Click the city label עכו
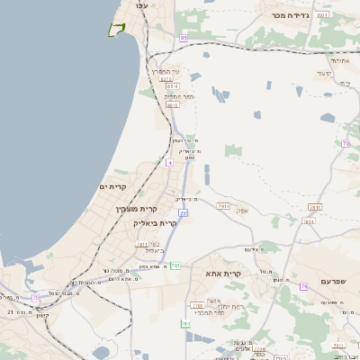(141, 6)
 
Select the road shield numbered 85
(183, 38)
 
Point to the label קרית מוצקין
(131, 209)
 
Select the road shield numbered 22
(183, 212)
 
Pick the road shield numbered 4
(169, 163)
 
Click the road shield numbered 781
(175, 265)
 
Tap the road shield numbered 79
(304, 286)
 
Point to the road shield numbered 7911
(141, 244)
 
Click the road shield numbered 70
(346, 143)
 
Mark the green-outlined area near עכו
(115, 30)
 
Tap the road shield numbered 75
(36, 296)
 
